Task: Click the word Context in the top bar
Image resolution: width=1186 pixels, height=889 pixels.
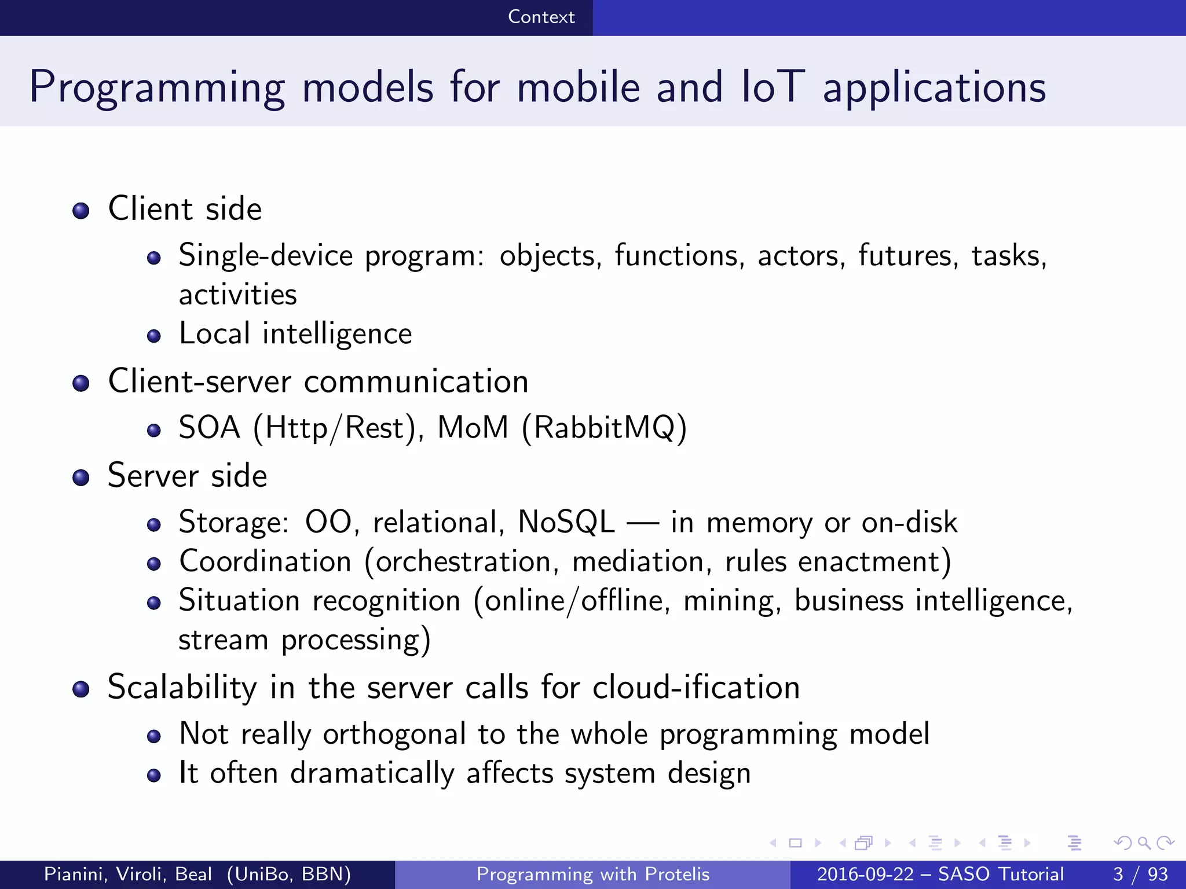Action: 541,17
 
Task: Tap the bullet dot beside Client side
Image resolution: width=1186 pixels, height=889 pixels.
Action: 81,211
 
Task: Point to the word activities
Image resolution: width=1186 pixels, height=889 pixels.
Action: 237,295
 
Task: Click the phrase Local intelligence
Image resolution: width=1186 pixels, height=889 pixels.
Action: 295,335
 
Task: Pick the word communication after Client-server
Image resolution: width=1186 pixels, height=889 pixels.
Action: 416,382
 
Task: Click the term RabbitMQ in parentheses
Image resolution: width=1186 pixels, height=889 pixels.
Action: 604,428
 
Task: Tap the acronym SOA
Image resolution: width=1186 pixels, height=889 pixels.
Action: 209,428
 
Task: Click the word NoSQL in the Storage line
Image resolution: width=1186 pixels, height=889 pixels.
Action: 566,523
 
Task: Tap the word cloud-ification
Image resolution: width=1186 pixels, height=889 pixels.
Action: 696,688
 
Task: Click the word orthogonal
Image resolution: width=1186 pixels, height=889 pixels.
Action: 394,734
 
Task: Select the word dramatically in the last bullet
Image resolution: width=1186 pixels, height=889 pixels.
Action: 372,774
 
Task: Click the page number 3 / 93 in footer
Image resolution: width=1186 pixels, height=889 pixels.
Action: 1140,874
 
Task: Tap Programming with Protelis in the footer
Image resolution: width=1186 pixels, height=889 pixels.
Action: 592,874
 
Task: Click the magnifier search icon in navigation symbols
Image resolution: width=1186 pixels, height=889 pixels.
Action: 1144,843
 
